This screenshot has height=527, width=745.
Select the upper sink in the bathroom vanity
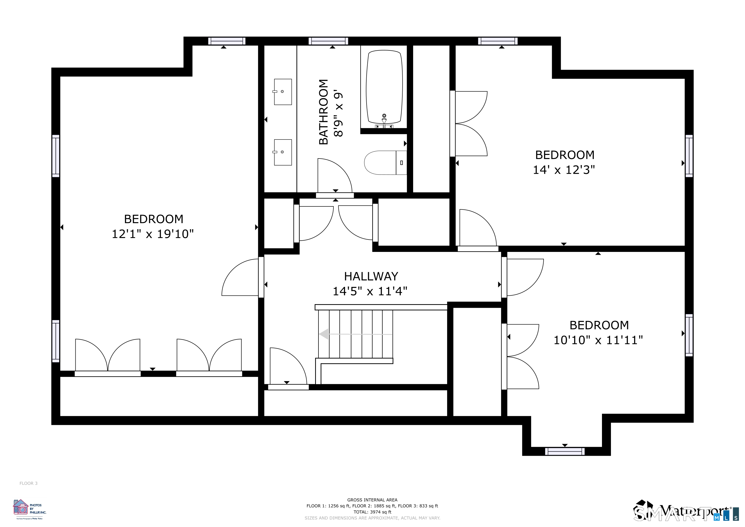(283, 92)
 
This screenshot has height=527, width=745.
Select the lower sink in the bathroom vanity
(283, 152)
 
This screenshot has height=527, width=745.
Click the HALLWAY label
(371, 276)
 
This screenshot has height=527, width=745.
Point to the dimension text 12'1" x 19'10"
(153, 234)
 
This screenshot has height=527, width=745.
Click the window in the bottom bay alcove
(565, 451)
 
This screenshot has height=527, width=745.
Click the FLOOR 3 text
(29, 483)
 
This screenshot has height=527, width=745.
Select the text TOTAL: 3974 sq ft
(372, 512)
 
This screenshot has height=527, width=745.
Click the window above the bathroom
(328, 41)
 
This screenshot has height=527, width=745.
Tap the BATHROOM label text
(324, 112)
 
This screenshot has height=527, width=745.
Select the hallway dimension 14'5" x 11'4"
(370, 291)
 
